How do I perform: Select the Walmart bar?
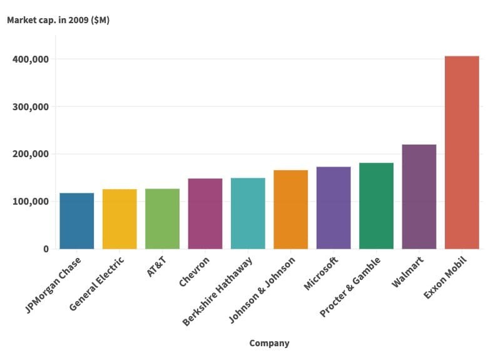(x=419, y=197)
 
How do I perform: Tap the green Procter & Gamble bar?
(x=376, y=206)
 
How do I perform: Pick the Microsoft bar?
(x=333, y=208)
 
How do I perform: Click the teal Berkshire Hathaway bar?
(x=248, y=213)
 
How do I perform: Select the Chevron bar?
(x=205, y=213)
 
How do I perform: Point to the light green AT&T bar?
(x=162, y=219)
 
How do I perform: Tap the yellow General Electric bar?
(x=119, y=219)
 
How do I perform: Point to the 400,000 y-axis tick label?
(x=31, y=59)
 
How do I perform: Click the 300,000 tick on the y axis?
(x=31, y=107)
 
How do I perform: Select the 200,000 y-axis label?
(x=31, y=154)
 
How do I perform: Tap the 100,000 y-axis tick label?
(x=31, y=202)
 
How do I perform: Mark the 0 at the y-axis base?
(x=46, y=249)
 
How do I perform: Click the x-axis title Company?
(x=269, y=343)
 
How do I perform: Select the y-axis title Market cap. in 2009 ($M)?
(x=58, y=20)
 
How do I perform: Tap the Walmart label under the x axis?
(x=408, y=271)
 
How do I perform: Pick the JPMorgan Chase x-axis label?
(x=54, y=284)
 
